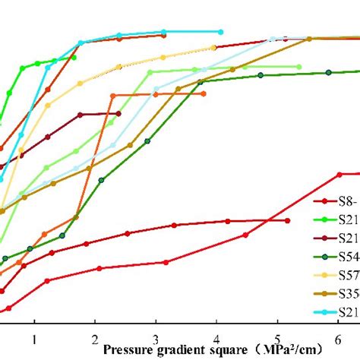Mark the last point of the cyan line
tap(220, 32)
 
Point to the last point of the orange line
tap(204, 93)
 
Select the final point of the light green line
tap(298, 67)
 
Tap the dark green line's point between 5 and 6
tap(328, 72)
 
